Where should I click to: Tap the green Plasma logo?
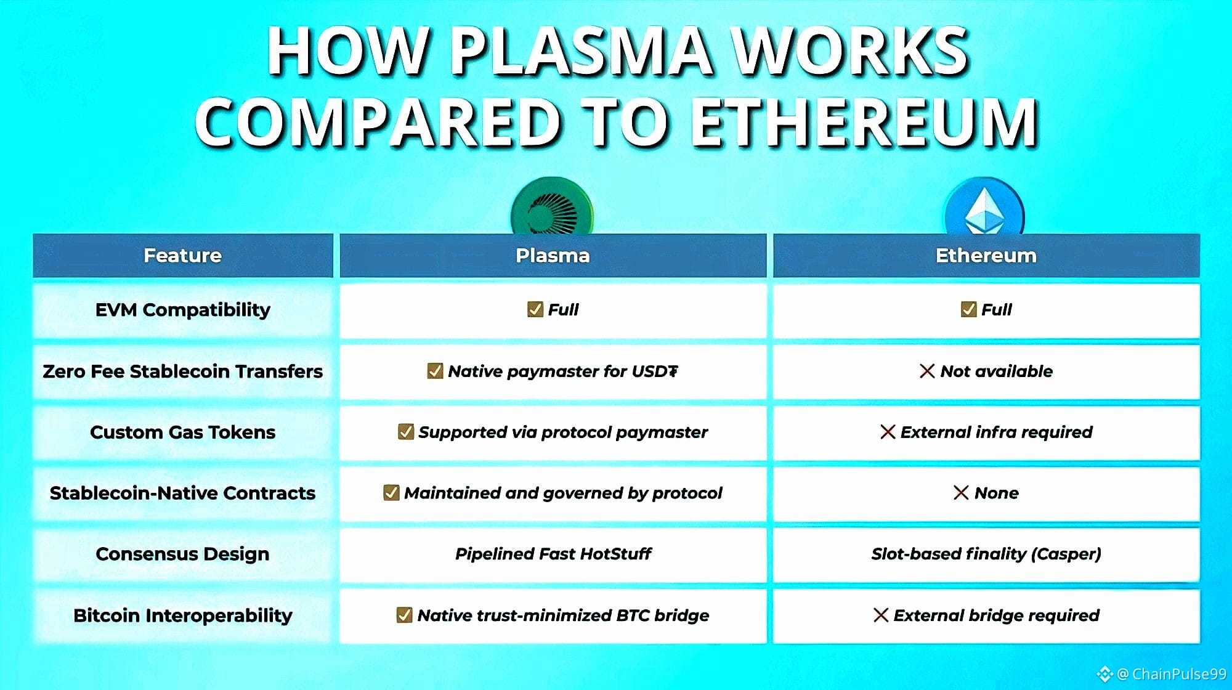553,207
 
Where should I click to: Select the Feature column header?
183,256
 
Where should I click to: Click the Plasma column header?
553,256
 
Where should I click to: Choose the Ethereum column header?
986,256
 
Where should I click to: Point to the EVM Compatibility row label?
183,310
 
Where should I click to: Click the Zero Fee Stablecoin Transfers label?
183,371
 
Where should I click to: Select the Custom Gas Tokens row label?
183,432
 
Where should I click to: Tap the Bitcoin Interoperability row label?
183,615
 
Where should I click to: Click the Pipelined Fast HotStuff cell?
553,554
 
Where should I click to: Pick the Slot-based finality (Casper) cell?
986,554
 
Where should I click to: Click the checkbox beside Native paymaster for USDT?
435,371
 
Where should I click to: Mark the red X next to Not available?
927,371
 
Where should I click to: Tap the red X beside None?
961,493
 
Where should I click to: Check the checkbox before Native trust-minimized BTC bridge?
404,615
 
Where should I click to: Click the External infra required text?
997,432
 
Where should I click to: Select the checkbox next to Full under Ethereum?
968,309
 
